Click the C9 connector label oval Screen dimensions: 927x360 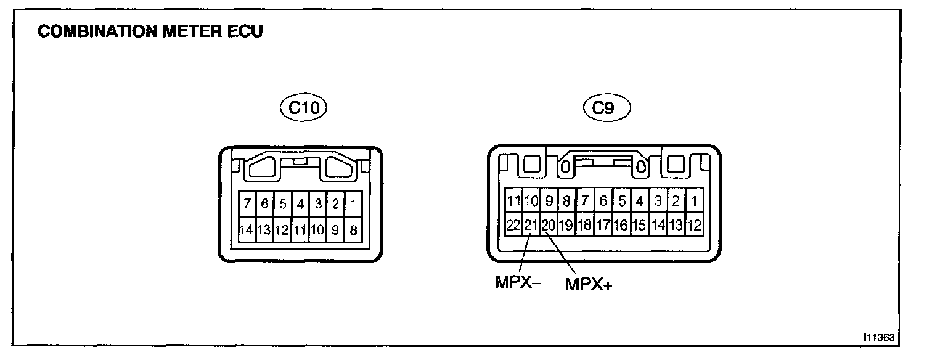(x=606, y=109)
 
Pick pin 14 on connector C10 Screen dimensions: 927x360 (x=247, y=230)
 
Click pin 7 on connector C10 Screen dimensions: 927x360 (x=247, y=203)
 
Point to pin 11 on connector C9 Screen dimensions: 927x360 (x=513, y=201)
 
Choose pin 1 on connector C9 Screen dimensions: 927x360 (x=694, y=201)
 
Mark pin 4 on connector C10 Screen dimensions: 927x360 (x=300, y=203)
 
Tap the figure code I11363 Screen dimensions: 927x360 (x=880, y=338)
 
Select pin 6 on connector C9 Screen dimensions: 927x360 (x=603, y=201)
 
